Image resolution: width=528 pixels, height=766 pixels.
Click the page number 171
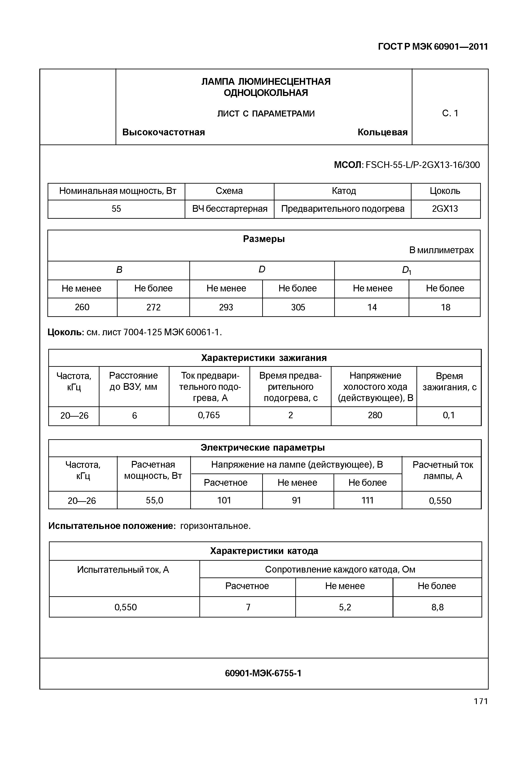point(481,701)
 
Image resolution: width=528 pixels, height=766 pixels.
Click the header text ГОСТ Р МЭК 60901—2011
point(433,47)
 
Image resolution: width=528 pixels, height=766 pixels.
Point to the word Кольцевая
point(382,132)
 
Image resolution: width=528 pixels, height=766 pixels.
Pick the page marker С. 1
point(450,114)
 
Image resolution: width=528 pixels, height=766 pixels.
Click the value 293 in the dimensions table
point(226,308)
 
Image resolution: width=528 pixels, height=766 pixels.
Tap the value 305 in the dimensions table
point(298,308)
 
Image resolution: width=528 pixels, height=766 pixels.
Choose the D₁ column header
point(407,270)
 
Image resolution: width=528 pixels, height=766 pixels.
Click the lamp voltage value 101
point(224,500)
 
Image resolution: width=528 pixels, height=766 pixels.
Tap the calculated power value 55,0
point(154,500)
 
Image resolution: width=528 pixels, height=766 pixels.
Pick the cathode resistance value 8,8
point(437,607)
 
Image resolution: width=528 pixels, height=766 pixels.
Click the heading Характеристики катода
point(264,551)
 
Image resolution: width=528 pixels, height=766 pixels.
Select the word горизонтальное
point(215,526)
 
